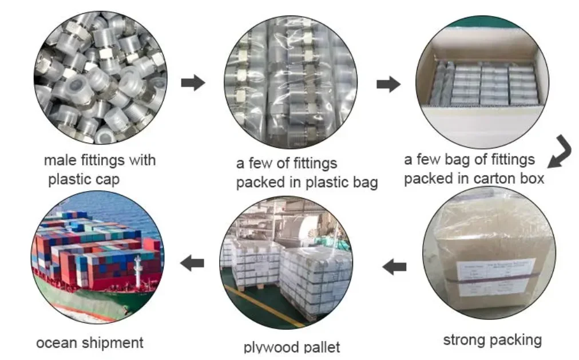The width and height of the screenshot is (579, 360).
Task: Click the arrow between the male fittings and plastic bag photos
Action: click(x=193, y=83)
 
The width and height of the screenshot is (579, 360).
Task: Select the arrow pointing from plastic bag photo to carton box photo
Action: click(x=388, y=85)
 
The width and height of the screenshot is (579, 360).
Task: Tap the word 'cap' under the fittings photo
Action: click(x=108, y=179)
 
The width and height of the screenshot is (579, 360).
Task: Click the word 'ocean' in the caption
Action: click(x=57, y=343)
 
